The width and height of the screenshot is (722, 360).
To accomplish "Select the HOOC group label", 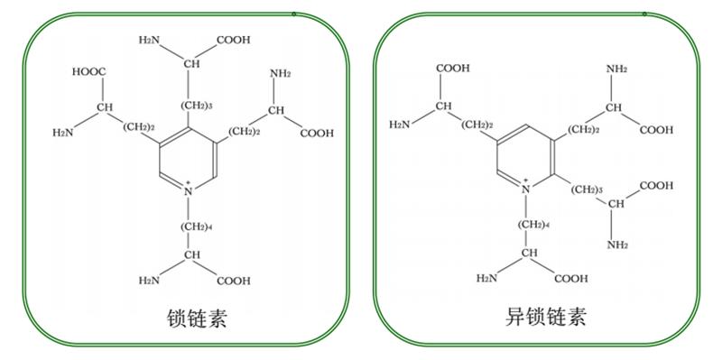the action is (x=88, y=70).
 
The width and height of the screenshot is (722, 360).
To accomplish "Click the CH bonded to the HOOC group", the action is (x=106, y=109).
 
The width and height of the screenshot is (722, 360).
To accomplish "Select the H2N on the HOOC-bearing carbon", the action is (x=64, y=133).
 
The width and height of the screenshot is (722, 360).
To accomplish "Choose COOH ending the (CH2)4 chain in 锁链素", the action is (x=234, y=281).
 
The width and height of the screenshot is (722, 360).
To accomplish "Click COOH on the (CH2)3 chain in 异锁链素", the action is (x=655, y=185).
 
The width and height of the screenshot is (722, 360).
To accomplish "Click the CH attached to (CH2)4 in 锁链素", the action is (x=192, y=256).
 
